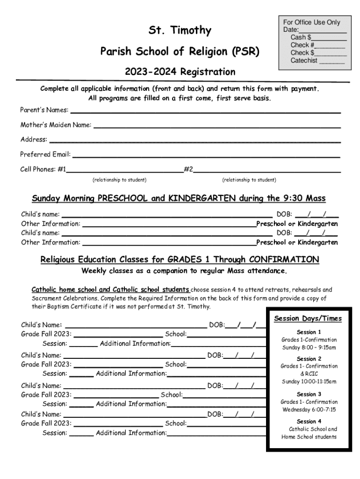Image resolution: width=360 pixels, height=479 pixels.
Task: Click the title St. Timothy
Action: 180,31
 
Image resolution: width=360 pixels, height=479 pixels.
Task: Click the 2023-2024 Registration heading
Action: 180,72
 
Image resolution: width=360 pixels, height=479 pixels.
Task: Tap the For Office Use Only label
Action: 311,22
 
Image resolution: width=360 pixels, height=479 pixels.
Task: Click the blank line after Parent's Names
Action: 205,111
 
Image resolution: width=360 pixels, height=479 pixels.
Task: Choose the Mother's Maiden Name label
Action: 56,125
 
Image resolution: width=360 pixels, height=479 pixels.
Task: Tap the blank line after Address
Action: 194,140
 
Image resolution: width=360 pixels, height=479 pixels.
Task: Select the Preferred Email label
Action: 45,154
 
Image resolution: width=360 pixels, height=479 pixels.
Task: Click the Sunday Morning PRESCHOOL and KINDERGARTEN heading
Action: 179,198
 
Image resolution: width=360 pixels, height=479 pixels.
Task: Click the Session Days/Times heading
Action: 308,319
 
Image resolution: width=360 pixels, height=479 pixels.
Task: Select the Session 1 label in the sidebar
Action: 309,332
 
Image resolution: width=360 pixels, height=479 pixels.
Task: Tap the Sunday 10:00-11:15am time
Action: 309,382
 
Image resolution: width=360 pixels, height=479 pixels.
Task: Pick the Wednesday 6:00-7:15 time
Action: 309,410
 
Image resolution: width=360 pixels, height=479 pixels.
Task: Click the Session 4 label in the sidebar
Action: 309,421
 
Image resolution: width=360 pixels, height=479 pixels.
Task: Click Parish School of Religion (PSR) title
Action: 180,51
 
